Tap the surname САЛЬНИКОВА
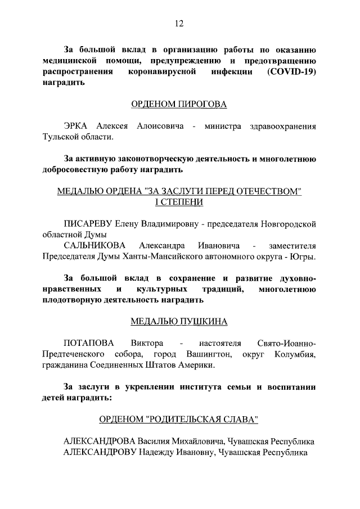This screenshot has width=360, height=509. pos(95,246)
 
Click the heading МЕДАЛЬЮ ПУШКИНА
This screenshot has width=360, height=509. pos(179,322)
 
